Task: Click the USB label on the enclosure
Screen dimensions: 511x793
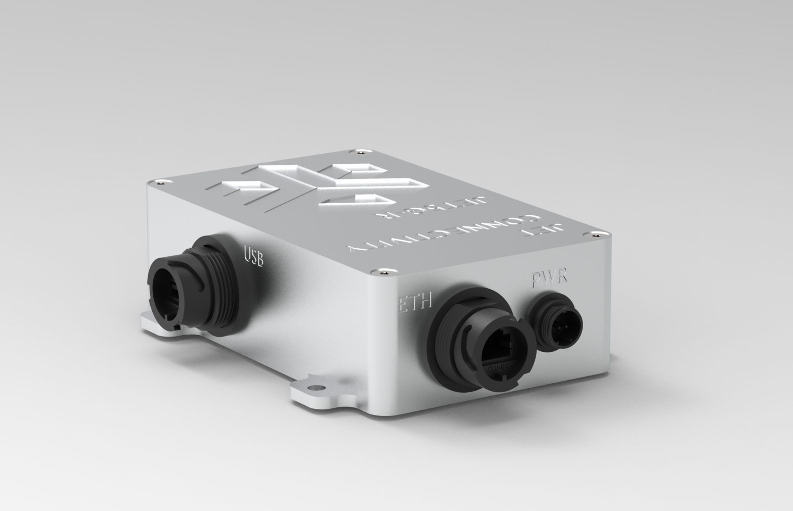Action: (x=254, y=255)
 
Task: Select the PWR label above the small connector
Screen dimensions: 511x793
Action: (x=549, y=278)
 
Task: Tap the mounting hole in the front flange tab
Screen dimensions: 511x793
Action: (x=317, y=388)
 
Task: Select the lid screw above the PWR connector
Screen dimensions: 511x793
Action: (x=601, y=233)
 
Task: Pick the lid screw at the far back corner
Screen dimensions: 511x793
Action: (x=360, y=151)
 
